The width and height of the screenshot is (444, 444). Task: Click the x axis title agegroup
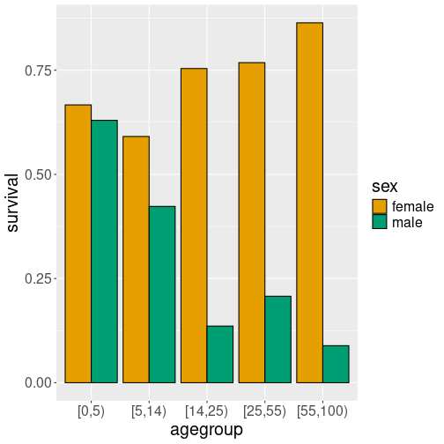click(x=206, y=429)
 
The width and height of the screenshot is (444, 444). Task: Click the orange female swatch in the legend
click(x=380, y=206)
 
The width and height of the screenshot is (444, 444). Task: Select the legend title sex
click(x=384, y=186)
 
